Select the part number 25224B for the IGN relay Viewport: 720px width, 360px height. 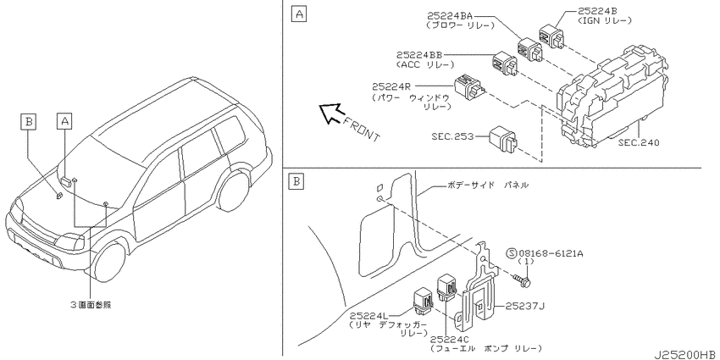599,12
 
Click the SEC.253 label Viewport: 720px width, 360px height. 452,136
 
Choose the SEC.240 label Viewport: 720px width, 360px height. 639,143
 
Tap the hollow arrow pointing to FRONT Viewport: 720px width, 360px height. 331,114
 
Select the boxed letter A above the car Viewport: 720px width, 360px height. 64,121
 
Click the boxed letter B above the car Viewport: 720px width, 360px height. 29,122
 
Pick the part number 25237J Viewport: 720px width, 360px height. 525,306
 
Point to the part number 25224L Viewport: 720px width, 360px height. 368,315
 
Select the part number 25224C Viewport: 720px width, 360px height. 450,339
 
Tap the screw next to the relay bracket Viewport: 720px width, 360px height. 521,280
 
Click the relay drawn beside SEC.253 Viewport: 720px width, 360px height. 503,140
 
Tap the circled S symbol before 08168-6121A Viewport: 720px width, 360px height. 512,253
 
